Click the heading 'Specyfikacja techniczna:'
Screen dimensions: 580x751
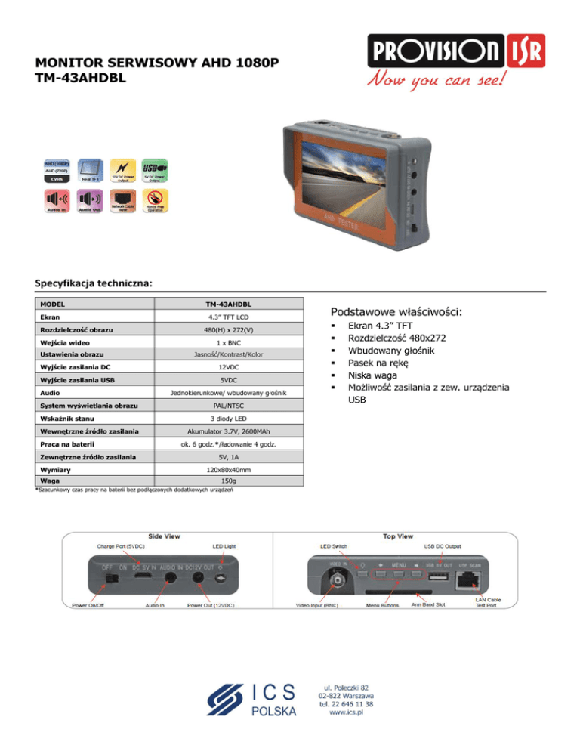click(x=94, y=283)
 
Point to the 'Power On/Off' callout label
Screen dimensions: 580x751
click(x=89, y=605)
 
